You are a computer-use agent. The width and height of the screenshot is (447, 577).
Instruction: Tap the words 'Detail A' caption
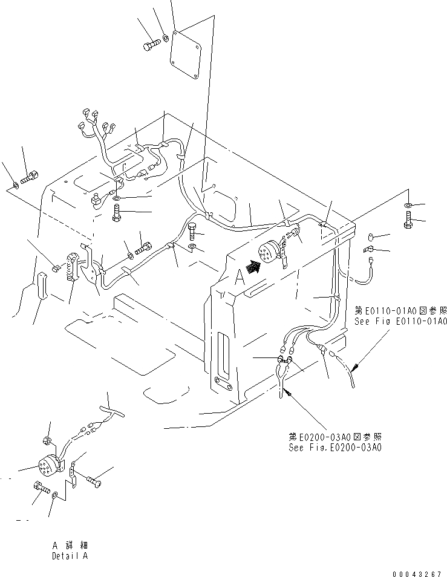point(70,556)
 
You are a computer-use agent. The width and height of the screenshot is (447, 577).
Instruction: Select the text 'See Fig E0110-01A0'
point(401,321)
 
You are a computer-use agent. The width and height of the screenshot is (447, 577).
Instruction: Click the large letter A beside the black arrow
point(240,277)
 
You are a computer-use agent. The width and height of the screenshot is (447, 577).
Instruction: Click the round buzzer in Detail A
point(48,465)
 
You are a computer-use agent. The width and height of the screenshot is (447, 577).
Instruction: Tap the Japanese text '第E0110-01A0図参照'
point(400,310)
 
